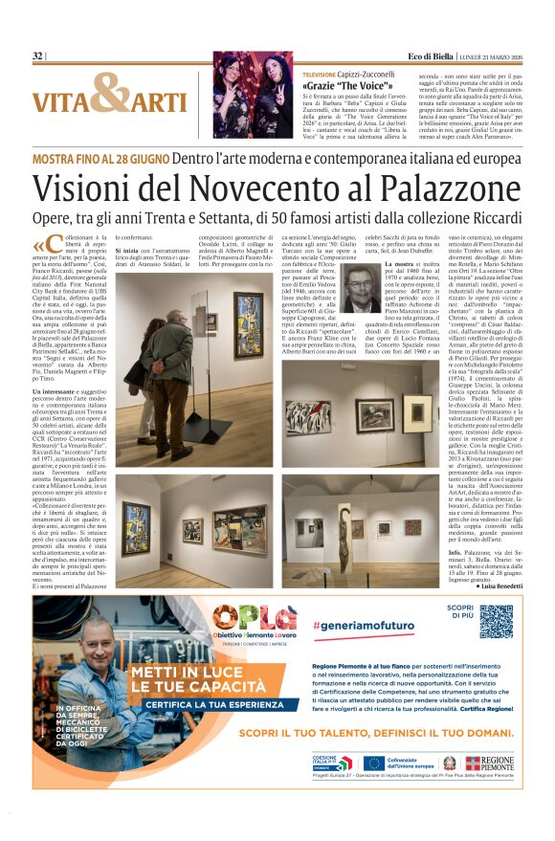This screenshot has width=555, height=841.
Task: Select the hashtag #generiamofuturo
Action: [x=356, y=625]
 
